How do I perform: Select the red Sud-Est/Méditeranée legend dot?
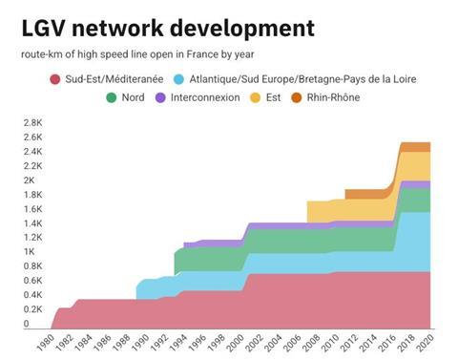point(55,78)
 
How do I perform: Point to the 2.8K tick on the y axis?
point(33,122)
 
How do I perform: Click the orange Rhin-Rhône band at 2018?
point(414,147)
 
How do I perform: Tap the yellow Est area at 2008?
point(319,211)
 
